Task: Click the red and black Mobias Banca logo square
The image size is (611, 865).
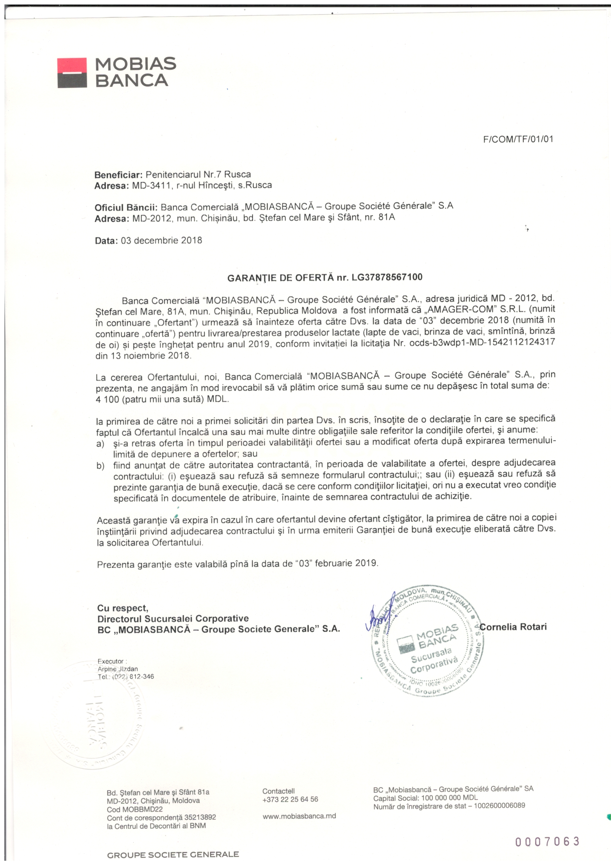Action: click(72, 73)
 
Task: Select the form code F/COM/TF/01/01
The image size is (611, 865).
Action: click(518, 139)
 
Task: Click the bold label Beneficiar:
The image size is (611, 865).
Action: click(118, 175)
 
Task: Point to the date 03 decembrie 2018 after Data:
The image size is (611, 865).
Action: click(162, 240)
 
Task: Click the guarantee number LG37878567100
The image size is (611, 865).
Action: click(387, 277)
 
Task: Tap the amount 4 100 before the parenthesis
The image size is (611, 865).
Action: click(107, 399)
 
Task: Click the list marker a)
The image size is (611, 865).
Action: click(100, 444)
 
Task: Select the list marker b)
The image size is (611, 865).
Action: click(101, 466)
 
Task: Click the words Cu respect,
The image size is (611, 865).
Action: click(123, 609)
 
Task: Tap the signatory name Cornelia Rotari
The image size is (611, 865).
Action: click(513, 627)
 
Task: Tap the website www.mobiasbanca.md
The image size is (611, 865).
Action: click(299, 816)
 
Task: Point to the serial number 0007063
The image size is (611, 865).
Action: click(547, 841)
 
